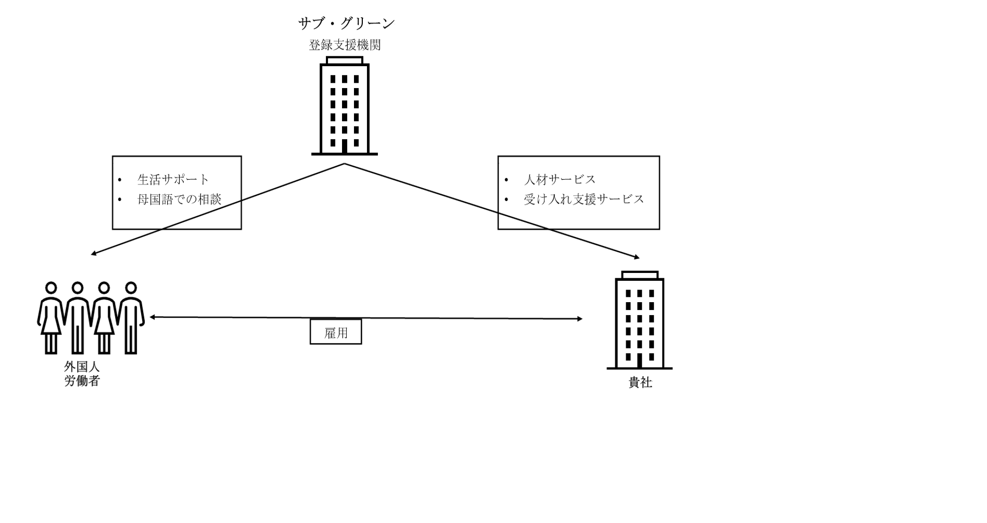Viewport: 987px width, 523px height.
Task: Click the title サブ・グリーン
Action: [346, 23]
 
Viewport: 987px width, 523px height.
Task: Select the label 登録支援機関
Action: [345, 45]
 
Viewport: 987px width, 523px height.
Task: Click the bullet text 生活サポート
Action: [173, 180]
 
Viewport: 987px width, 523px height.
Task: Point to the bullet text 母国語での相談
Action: [179, 199]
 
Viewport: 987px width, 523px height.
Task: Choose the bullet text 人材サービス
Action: [560, 180]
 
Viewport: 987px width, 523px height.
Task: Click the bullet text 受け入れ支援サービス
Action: [584, 199]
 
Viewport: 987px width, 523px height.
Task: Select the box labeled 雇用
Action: [336, 332]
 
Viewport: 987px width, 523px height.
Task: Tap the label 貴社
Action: [640, 382]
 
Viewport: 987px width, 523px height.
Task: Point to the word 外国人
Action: [82, 367]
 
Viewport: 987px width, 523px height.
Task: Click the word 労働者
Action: [82, 381]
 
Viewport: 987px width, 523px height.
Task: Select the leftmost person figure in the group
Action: [51, 318]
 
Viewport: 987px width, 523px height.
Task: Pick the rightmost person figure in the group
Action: [131, 318]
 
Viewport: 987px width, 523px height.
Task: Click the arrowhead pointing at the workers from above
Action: [94, 254]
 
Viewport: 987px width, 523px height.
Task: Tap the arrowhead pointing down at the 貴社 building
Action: [637, 257]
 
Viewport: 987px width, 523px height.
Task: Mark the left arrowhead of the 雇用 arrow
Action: [153, 317]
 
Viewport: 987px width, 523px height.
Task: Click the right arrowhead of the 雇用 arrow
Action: [579, 319]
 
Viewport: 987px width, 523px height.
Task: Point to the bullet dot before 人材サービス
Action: [506, 180]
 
